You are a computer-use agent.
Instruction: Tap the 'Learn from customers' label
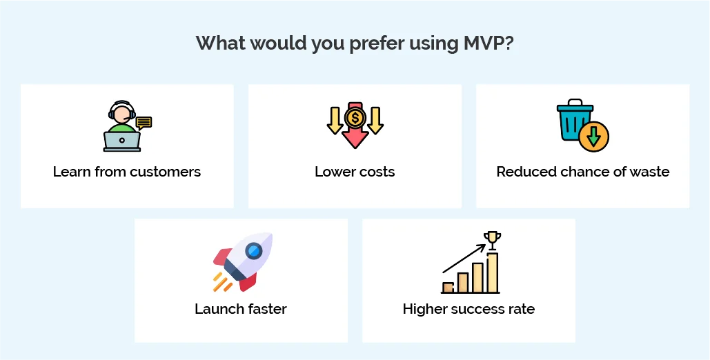pyautogui.click(x=127, y=172)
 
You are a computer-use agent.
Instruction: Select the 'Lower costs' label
pyautogui.click(x=355, y=172)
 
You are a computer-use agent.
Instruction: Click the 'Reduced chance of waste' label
pyautogui.click(x=582, y=172)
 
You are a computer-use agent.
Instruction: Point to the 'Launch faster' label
pyautogui.click(x=241, y=308)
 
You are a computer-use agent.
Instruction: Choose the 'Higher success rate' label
pyautogui.click(x=469, y=308)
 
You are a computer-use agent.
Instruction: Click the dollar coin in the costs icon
pyautogui.click(x=355, y=117)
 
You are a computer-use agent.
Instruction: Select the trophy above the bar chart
pyautogui.click(x=491, y=239)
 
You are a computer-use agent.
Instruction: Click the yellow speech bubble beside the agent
pyautogui.click(x=144, y=123)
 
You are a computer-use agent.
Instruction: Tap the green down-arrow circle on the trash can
pyautogui.click(x=594, y=137)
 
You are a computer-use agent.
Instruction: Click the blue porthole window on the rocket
pyautogui.click(x=254, y=250)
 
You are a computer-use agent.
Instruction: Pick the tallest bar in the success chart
pyautogui.click(x=492, y=273)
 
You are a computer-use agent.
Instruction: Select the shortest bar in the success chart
pyautogui.click(x=448, y=287)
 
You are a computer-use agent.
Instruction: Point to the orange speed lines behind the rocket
pyautogui.click(x=221, y=281)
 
